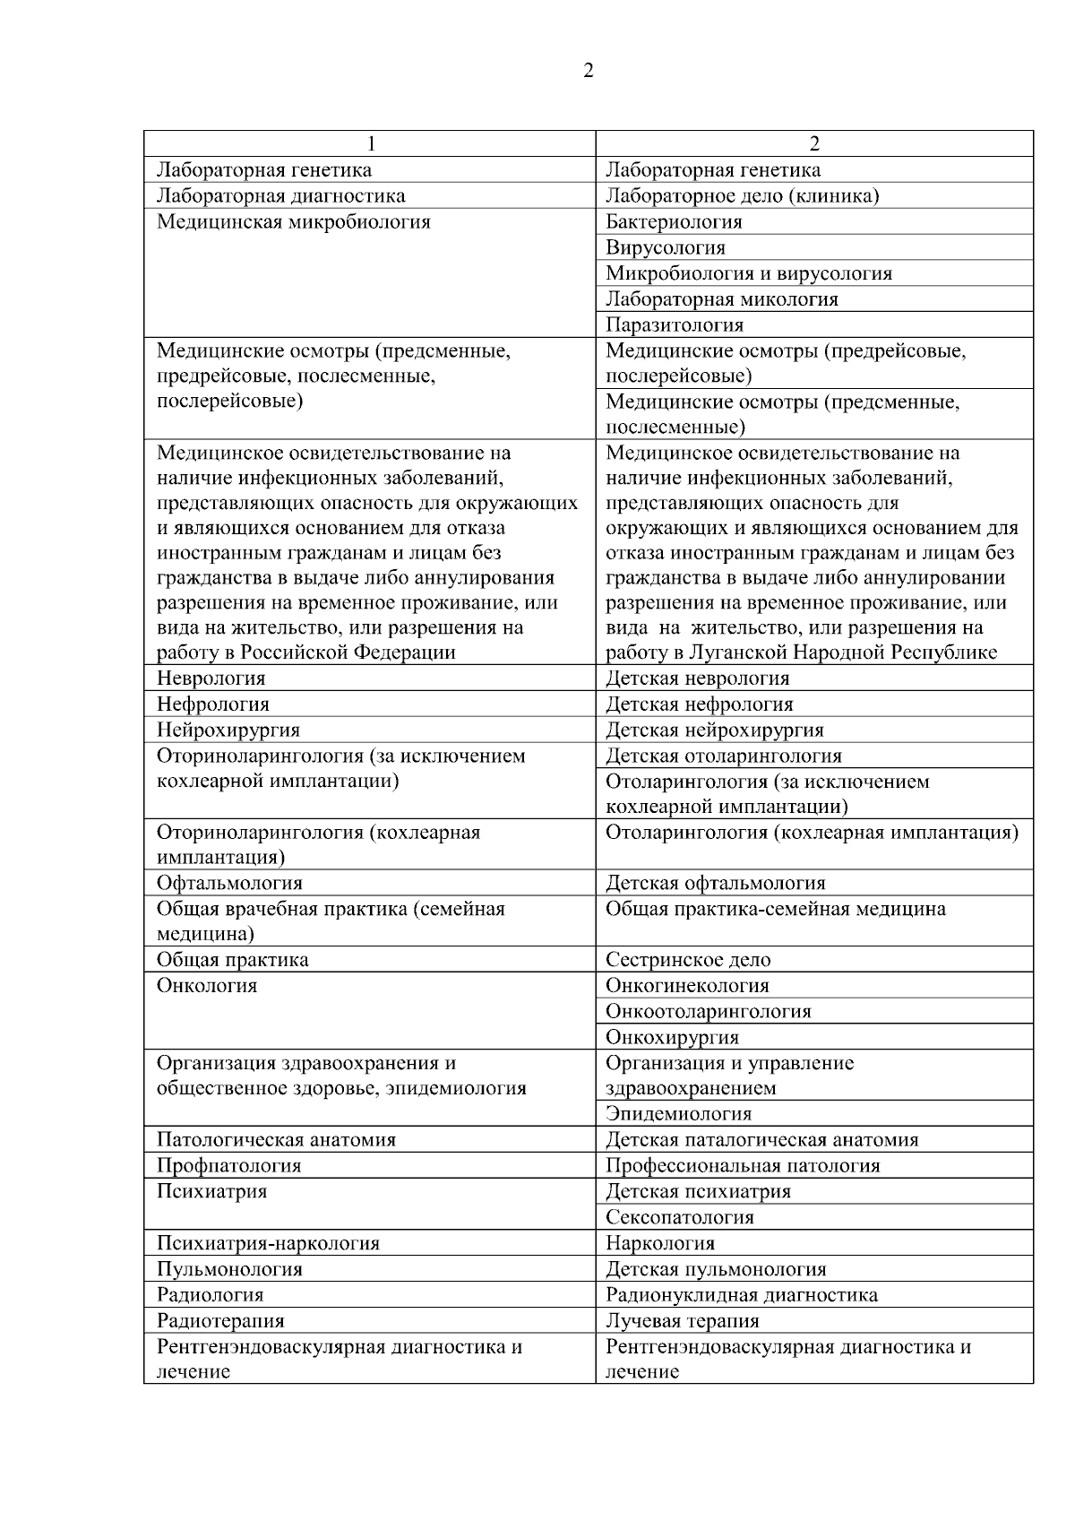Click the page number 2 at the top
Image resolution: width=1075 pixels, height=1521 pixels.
pyautogui.click(x=588, y=71)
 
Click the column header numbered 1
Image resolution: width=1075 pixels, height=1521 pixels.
pyautogui.click(x=370, y=143)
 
